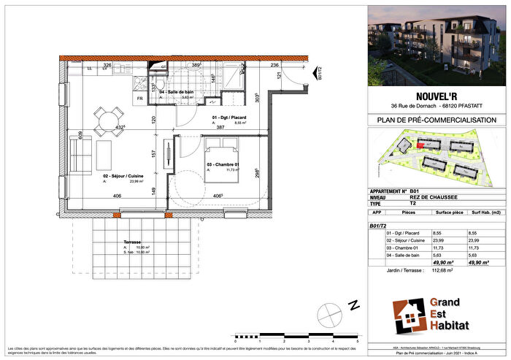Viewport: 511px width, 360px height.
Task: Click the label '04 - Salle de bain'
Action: [176, 91]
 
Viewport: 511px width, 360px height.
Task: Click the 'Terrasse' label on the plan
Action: [132, 242]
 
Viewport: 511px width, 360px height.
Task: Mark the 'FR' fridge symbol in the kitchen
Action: [139, 98]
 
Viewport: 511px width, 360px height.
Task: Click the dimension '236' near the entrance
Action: [275, 66]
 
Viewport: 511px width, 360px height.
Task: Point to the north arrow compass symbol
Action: [333, 316]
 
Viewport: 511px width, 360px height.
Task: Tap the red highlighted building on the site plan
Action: [420, 144]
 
